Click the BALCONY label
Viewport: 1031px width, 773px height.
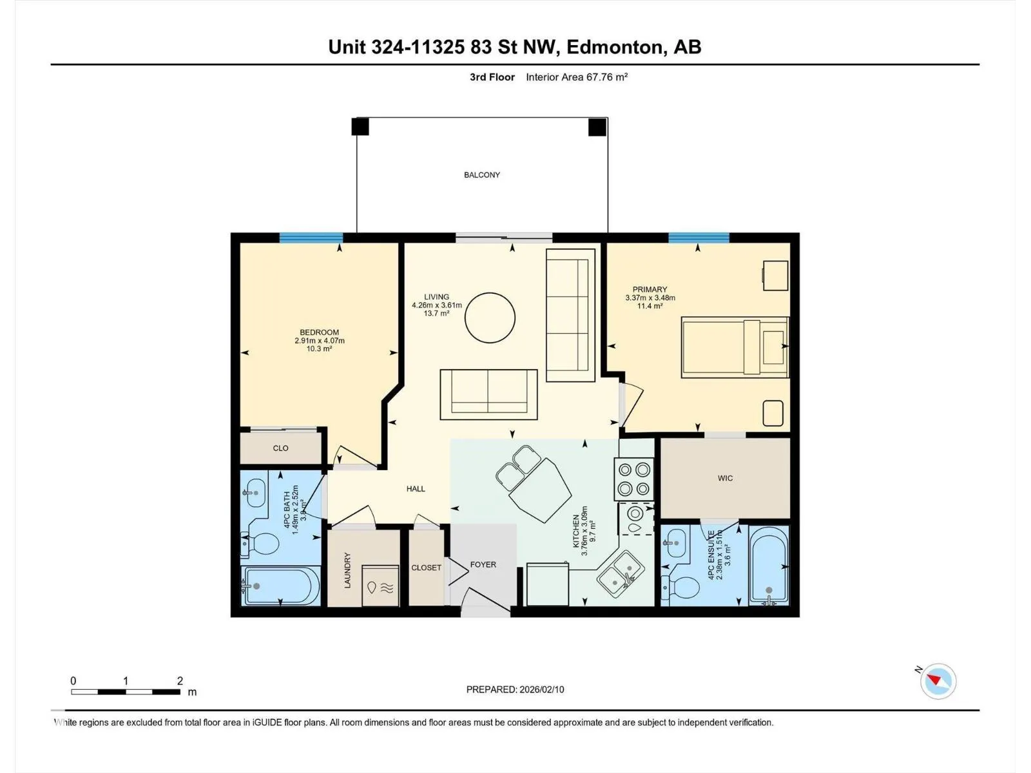pos(482,175)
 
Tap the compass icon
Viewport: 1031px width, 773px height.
pos(938,681)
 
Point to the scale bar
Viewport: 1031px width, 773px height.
pos(126,692)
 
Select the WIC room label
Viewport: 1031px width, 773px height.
pos(725,478)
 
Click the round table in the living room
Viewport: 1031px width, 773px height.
pos(490,318)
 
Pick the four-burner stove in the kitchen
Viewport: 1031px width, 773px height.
pos(633,479)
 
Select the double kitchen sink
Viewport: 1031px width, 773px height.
pos(620,576)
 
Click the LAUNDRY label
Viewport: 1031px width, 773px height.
pos(347,570)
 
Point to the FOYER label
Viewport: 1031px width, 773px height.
pos(483,565)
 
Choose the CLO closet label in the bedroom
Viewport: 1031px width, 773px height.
pos(280,448)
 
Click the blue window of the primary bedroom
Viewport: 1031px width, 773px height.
pos(699,238)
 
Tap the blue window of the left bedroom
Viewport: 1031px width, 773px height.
pos(311,238)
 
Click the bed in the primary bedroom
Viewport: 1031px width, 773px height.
pos(735,347)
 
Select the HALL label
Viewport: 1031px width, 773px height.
pos(416,488)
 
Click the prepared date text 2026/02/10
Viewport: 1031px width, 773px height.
pos(541,689)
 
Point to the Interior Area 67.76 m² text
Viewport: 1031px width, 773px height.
pos(577,77)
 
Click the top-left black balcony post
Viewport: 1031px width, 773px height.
pos(360,127)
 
